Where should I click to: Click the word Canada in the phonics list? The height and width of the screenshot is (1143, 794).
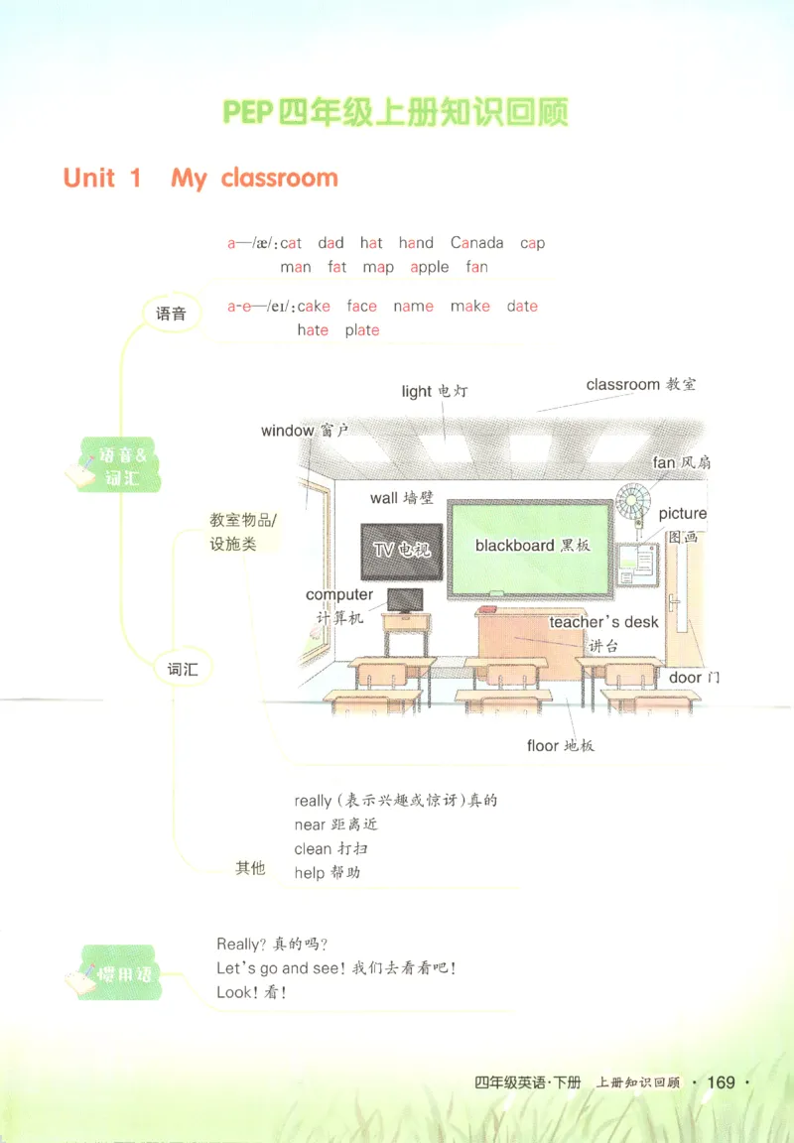476,243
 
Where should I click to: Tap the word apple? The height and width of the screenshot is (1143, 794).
430,268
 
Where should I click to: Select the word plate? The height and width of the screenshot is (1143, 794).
362,330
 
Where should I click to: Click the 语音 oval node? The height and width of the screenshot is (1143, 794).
171,314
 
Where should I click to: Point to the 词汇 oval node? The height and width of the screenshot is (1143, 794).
182,669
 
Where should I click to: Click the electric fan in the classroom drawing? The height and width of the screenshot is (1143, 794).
632,501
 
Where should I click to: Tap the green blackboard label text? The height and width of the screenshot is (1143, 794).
532,546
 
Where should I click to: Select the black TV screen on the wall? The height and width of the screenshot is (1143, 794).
402,551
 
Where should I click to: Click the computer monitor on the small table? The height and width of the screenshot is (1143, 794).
405,600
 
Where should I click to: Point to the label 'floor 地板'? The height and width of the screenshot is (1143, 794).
560,745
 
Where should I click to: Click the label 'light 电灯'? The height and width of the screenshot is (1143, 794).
435,391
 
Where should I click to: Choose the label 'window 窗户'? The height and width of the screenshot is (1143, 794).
305,431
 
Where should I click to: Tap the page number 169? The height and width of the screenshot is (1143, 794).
722,1081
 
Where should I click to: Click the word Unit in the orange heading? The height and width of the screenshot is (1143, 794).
89,178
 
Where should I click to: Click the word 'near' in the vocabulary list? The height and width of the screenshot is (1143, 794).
309,825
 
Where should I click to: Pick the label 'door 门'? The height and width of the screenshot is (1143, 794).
694,678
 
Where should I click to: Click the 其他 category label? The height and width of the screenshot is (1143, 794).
250,867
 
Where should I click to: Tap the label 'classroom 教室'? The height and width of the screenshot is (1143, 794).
641,384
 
